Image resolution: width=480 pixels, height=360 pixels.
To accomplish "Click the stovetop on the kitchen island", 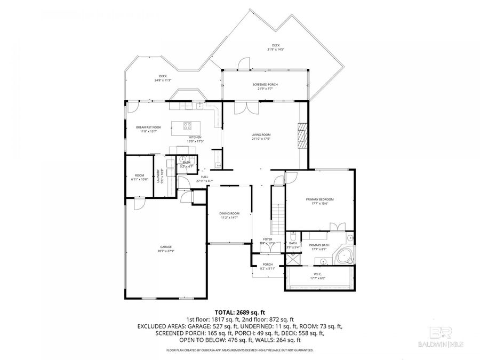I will [188, 126].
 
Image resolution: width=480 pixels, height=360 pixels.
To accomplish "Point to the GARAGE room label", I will [166, 247].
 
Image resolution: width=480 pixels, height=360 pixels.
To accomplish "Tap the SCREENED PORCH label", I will [265, 85].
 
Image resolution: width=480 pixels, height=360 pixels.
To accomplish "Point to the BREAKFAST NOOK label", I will [148, 127].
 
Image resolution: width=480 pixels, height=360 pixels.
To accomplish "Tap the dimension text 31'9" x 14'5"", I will [276, 49].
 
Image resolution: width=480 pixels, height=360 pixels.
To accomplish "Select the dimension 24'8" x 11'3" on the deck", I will [163, 80].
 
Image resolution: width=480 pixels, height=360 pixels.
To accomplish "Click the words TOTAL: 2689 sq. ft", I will [239, 312].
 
